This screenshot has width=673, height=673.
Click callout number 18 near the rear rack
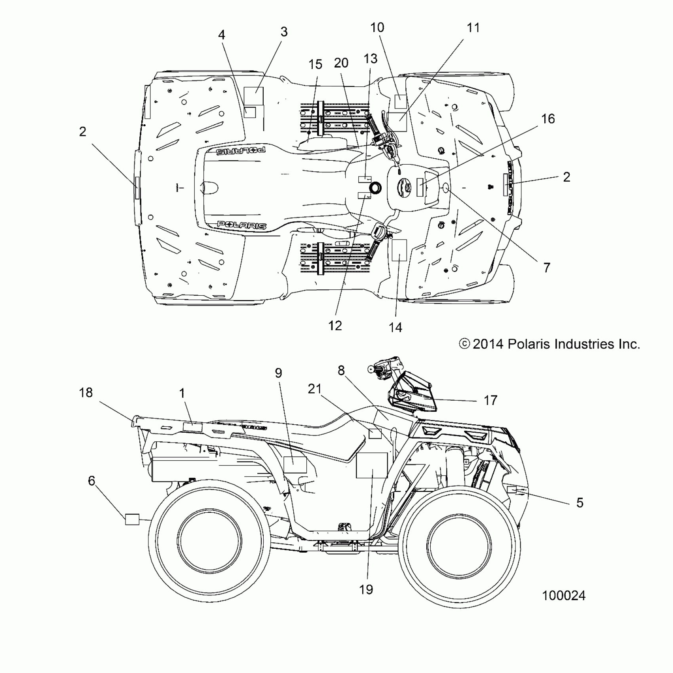(x=86, y=393)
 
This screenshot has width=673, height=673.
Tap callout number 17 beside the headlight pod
(x=490, y=401)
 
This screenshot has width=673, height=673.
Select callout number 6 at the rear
(x=91, y=481)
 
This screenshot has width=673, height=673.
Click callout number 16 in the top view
(x=548, y=119)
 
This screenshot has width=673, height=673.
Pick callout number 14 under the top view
(x=395, y=327)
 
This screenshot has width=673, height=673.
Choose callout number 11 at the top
(x=473, y=28)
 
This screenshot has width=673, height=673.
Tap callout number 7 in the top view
(x=547, y=268)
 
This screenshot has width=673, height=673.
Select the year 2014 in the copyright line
(x=488, y=344)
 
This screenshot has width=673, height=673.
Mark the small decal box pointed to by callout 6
(x=132, y=519)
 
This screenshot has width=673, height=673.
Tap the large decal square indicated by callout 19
(x=372, y=465)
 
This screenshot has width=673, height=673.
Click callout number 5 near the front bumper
(x=580, y=503)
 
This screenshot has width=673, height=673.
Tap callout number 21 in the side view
(x=315, y=389)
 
